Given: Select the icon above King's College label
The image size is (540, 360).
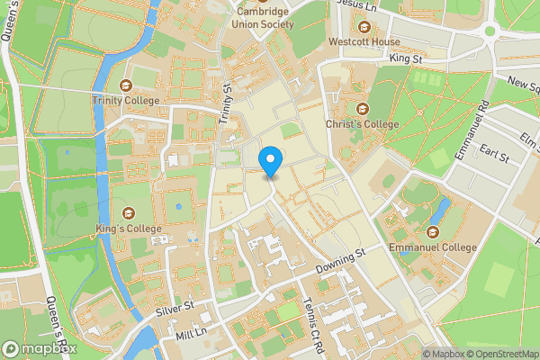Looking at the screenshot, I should coord(129,212).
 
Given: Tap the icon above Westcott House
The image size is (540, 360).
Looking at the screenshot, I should coord(364,26).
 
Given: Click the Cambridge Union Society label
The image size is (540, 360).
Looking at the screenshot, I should coord(264,18).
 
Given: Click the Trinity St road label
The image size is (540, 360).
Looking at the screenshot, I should coord(225,103).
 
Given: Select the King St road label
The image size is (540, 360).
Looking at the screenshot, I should coord(405,58).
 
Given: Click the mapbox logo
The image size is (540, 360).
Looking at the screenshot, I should coord(40,348).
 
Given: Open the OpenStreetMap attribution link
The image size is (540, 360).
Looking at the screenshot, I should coord(499,354).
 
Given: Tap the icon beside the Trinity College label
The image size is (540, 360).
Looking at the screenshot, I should coord(125,85).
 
